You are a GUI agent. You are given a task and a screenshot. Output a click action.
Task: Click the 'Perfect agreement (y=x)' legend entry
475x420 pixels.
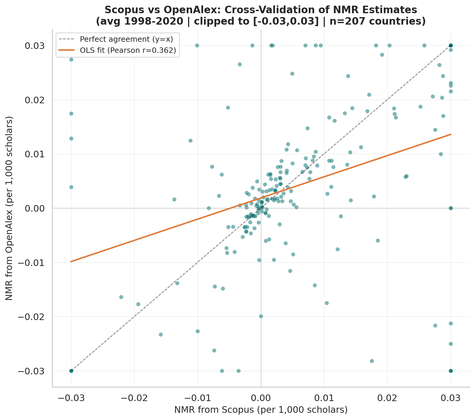[x=126, y=39]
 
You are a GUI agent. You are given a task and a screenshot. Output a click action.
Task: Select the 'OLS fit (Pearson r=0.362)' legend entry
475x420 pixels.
[x=128, y=50]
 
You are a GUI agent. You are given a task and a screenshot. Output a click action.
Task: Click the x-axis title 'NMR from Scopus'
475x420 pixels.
[x=261, y=410]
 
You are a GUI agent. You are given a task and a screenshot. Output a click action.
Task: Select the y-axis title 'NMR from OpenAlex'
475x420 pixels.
[x=10, y=208]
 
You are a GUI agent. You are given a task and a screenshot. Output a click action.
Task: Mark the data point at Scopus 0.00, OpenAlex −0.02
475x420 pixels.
[x=261, y=316]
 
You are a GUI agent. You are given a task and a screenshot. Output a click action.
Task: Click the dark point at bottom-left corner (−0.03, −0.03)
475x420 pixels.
[x=71, y=371]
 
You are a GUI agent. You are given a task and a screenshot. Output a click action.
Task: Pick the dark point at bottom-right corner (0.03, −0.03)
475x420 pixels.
[x=451, y=371]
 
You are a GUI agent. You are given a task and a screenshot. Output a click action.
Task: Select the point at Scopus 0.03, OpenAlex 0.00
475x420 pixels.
[x=451, y=208]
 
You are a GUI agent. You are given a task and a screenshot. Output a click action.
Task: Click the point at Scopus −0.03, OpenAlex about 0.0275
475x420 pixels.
[x=71, y=59]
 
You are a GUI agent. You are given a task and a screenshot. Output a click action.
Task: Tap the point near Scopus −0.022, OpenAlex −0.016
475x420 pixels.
[x=121, y=297]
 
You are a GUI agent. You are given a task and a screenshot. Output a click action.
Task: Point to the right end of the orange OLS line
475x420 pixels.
[x=451, y=134]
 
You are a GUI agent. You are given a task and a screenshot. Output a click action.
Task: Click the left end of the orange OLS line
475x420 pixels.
[x=71, y=261]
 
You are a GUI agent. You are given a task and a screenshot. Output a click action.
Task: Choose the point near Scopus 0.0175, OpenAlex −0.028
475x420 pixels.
[x=372, y=361]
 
